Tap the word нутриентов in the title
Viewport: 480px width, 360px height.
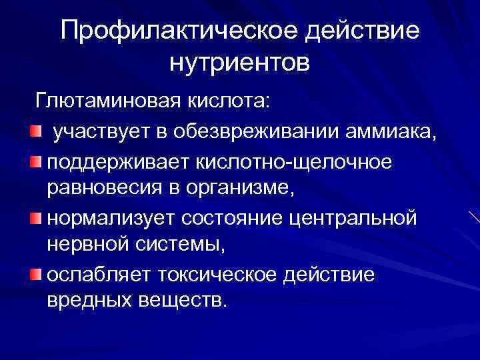[x=240, y=63]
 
